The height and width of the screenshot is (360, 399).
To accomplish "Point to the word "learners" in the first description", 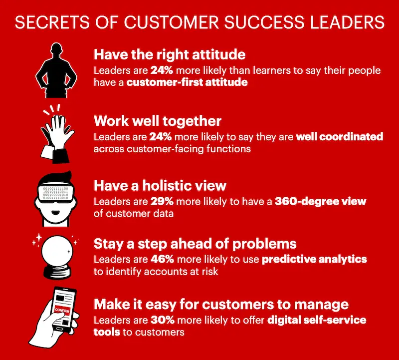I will [256, 70].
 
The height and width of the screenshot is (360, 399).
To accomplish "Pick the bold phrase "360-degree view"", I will [319, 202].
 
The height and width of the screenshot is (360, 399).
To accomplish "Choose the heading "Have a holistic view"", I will [160, 186].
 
